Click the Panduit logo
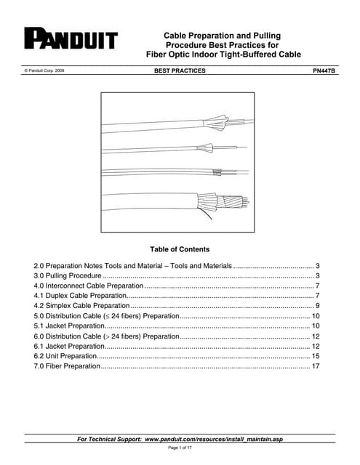pyautogui.click(x=71, y=39)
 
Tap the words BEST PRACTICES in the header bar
pyautogui.click(x=180, y=70)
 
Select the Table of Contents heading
pyautogui.click(x=179, y=249)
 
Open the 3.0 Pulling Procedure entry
pyautogui.click(x=70, y=277)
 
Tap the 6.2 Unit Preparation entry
pyautogui.click(x=65, y=357)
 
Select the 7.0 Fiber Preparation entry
pyautogui.click(x=67, y=367)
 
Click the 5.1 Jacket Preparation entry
pyautogui.click(x=71, y=326)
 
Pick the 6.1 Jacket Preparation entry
pyautogui.click(x=71, y=347)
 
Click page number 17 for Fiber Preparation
pyautogui.click(x=316, y=367)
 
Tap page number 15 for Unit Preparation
pyautogui.click(x=316, y=357)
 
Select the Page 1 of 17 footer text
pyautogui.click(x=180, y=448)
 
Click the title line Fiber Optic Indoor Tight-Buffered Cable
pyautogui.click(x=223, y=54)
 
